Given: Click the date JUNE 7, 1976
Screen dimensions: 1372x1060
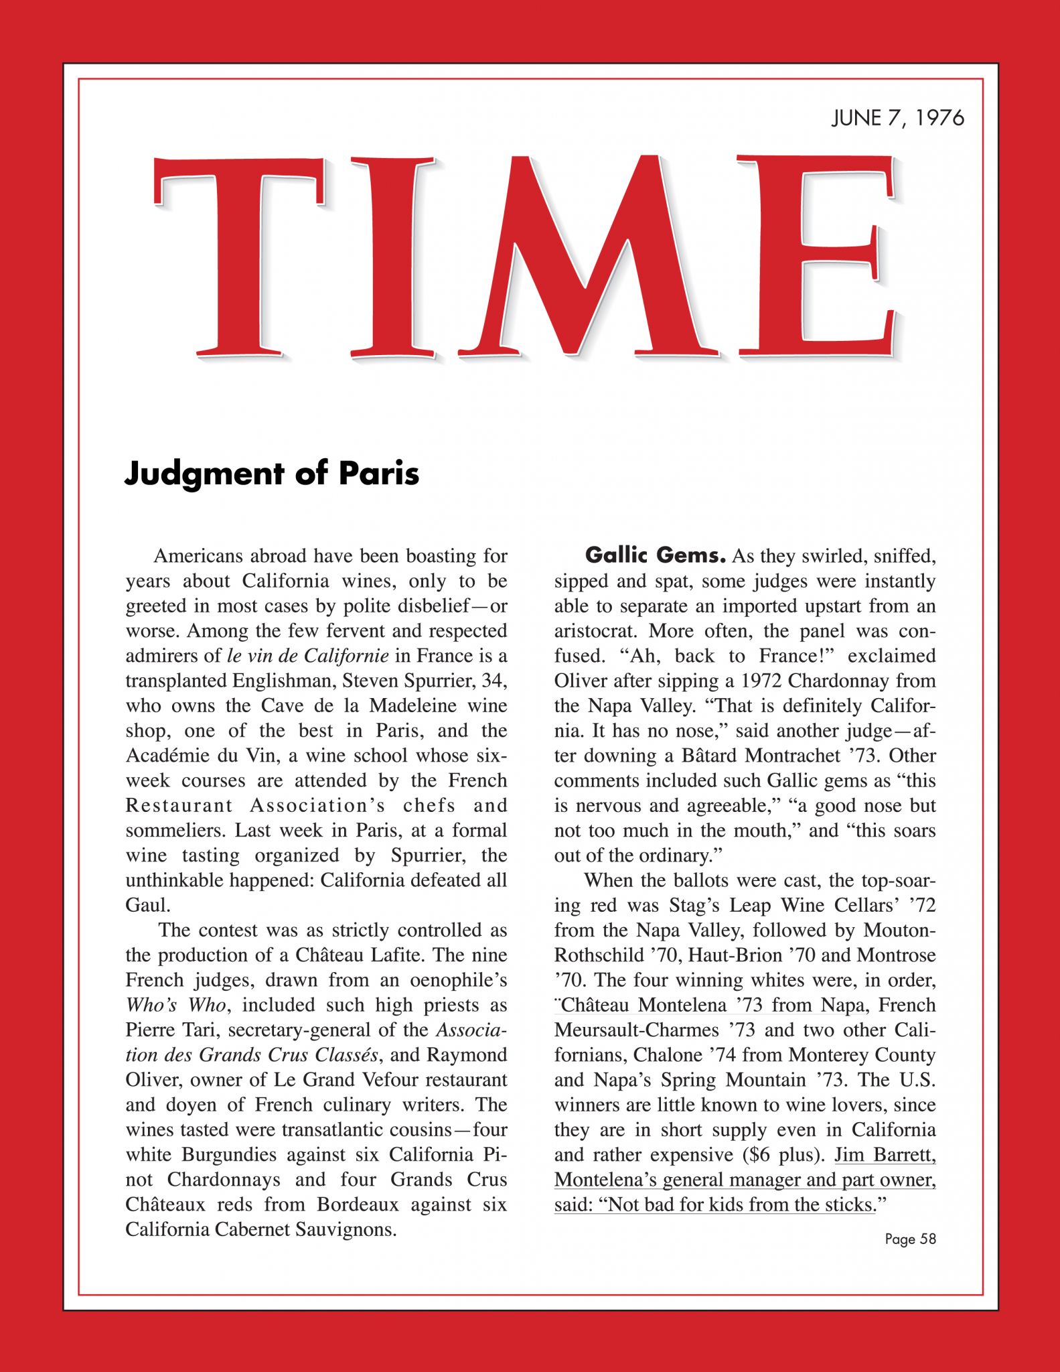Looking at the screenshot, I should click(x=897, y=119).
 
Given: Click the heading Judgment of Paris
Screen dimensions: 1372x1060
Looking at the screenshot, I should click(x=272, y=474).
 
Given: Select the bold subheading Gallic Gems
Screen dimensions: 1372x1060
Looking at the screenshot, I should click(x=656, y=556).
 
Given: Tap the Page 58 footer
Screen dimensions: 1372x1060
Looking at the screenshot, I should click(x=910, y=1239).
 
